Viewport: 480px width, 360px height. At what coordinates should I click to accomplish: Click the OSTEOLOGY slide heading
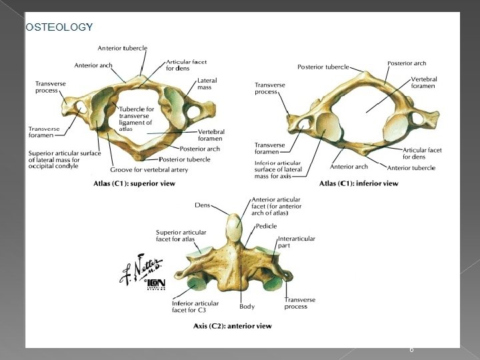59,27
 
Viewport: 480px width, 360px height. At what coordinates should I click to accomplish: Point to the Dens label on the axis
203,206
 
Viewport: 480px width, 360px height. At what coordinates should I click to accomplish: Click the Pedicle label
266,227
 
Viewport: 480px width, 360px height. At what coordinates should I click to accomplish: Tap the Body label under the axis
247,307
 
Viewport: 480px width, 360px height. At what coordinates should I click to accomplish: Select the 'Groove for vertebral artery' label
149,170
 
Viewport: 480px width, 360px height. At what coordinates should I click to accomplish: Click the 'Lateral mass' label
207,84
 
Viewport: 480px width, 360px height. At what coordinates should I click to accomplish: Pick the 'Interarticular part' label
297,241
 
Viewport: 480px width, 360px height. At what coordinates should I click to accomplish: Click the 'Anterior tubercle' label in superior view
123,48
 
